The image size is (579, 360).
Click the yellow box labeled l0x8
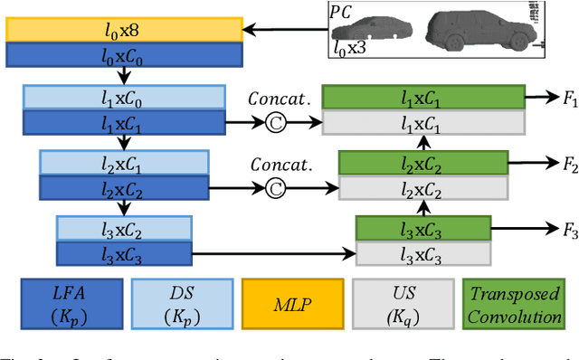click(x=124, y=30)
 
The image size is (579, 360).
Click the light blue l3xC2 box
click(x=124, y=227)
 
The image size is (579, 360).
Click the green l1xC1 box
click(x=422, y=97)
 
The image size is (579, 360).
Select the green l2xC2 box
click(x=422, y=163)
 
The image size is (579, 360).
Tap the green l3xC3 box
click(x=422, y=228)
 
